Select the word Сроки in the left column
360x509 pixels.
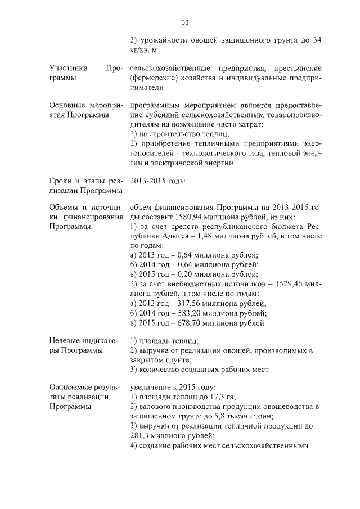point(61,181)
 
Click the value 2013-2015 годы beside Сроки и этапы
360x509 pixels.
point(157,181)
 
